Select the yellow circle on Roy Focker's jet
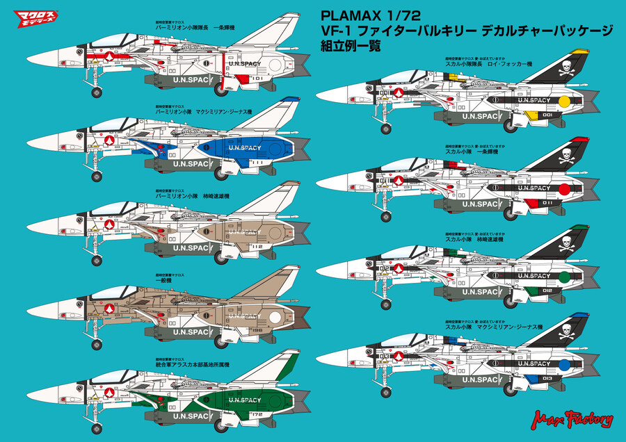pyautogui.click(x=564, y=101)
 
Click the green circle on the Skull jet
pyautogui.click(x=564, y=277)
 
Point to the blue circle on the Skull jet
pyautogui.click(x=564, y=363)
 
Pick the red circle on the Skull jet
pyautogui.click(x=564, y=188)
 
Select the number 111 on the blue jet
pyautogui.click(x=256, y=161)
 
